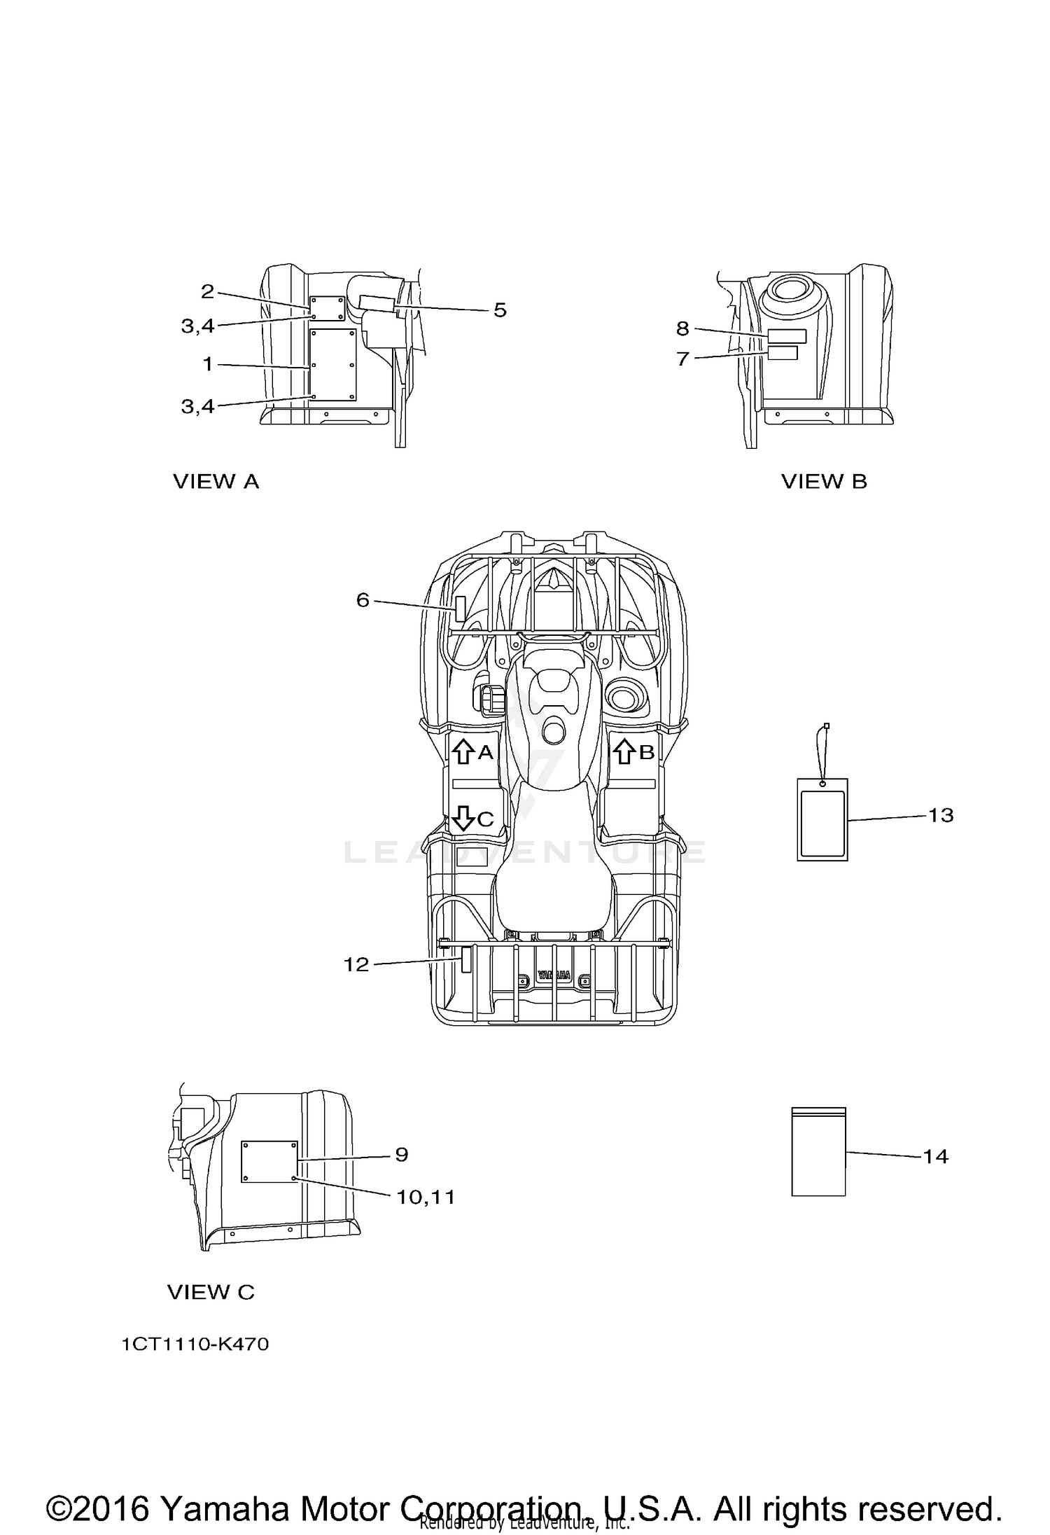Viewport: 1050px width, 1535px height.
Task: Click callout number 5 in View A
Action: tap(500, 310)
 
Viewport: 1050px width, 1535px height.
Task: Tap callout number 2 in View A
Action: tap(207, 291)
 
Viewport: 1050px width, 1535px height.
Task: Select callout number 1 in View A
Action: tap(208, 364)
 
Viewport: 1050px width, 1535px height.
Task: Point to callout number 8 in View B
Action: tap(682, 328)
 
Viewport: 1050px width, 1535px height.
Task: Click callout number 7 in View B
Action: tap(683, 359)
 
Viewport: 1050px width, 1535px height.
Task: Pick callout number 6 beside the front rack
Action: tap(363, 600)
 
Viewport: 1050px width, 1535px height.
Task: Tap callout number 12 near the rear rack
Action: tap(356, 965)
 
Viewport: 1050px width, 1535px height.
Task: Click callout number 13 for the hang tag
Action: tap(941, 815)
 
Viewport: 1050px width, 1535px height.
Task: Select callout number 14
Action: tap(935, 1156)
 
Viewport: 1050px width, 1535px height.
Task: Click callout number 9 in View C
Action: tap(401, 1154)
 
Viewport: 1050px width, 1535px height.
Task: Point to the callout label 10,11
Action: tap(426, 1197)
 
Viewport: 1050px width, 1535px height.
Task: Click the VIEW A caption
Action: tap(216, 482)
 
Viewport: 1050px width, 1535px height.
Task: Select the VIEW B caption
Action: tap(824, 482)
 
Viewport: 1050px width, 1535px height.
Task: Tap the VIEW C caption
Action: tap(211, 1292)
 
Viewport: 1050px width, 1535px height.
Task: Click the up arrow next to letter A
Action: tap(462, 752)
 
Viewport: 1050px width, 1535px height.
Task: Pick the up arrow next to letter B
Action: tap(624, 752)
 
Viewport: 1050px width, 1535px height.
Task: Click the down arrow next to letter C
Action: tap(462, 818)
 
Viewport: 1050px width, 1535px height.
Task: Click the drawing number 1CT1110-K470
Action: tap(195, 1345)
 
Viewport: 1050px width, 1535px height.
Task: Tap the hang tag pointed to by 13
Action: tap(822, 819)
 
